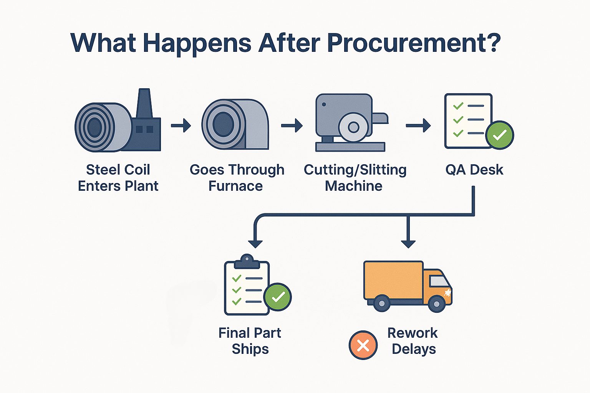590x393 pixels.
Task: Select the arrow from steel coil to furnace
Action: tap(181, 125)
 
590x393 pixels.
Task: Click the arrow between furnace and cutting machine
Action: tap(292, 125)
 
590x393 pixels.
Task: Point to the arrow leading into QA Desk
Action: tap(418, 125)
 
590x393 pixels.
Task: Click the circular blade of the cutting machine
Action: tap(353, 127)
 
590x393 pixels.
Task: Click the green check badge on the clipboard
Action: tap(278, 297)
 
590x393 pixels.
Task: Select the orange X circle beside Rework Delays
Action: tap(363, 345)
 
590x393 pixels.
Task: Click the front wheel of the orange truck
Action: tap(436, 304)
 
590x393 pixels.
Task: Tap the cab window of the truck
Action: tap(439, 281)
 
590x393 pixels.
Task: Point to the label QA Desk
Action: tap(474, 170)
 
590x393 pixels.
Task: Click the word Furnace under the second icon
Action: tap(236, 186)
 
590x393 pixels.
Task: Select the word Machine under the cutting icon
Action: tap(353, 186)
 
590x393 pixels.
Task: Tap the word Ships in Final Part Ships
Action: tap(250, 349)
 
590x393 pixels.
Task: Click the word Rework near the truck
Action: tap(413, 333)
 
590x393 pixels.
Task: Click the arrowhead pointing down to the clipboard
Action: tap(255, 244)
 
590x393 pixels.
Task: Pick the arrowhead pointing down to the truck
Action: tap(408, 244)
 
